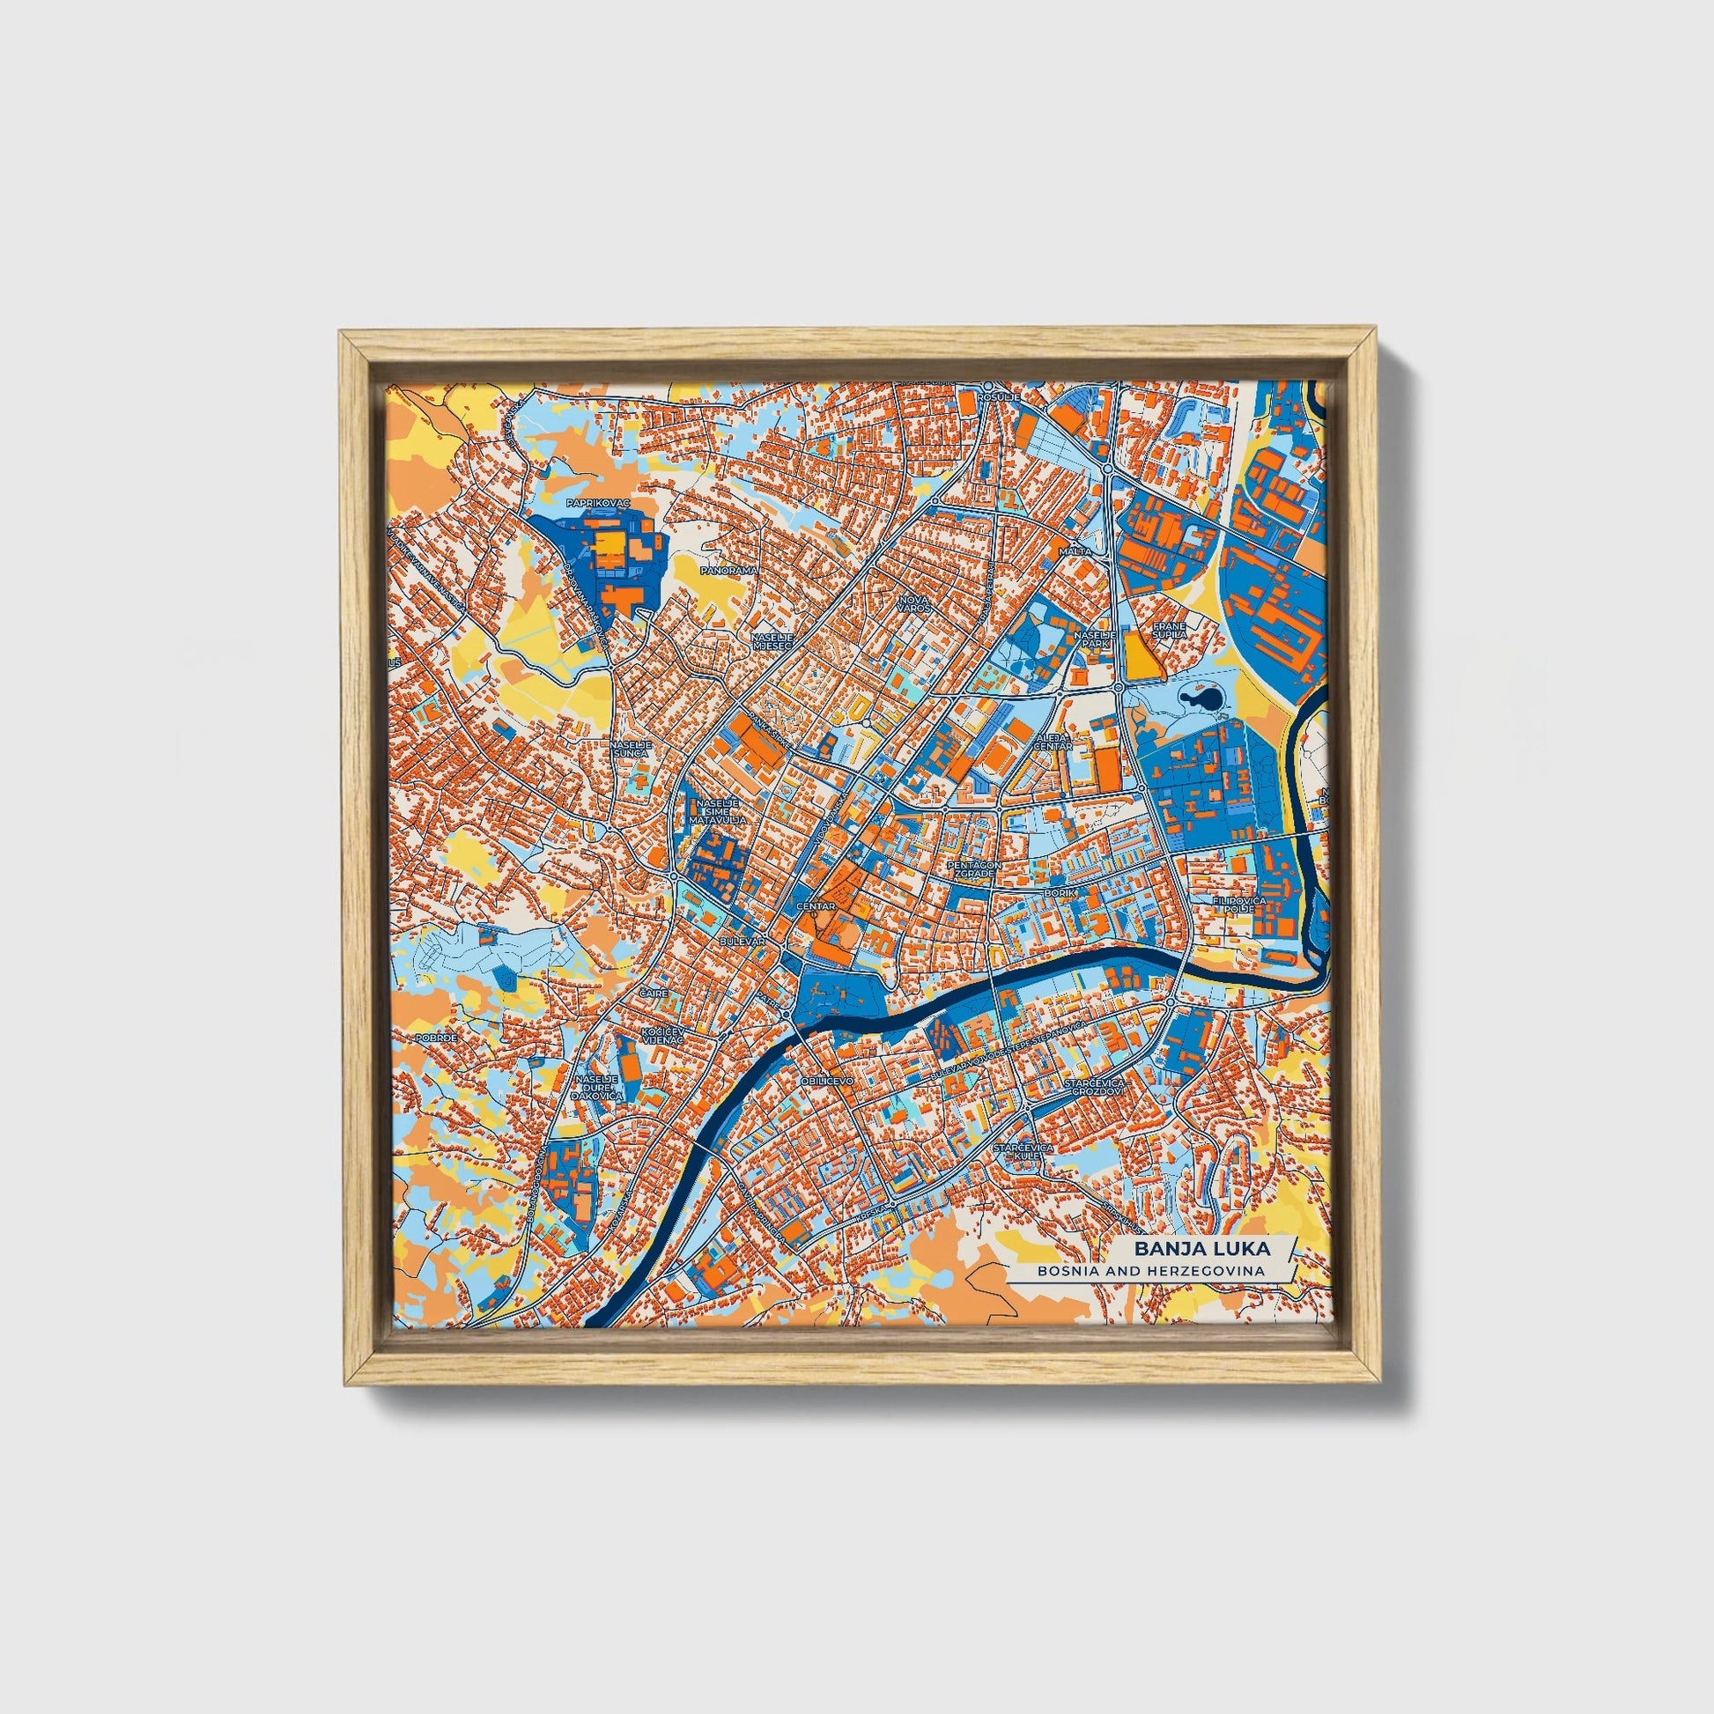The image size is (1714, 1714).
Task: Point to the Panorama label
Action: (x=728, y=571)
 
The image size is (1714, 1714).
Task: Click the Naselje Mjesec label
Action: (x=764, y=641)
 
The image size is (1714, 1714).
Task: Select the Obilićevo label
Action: (x=826, y=1082)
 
